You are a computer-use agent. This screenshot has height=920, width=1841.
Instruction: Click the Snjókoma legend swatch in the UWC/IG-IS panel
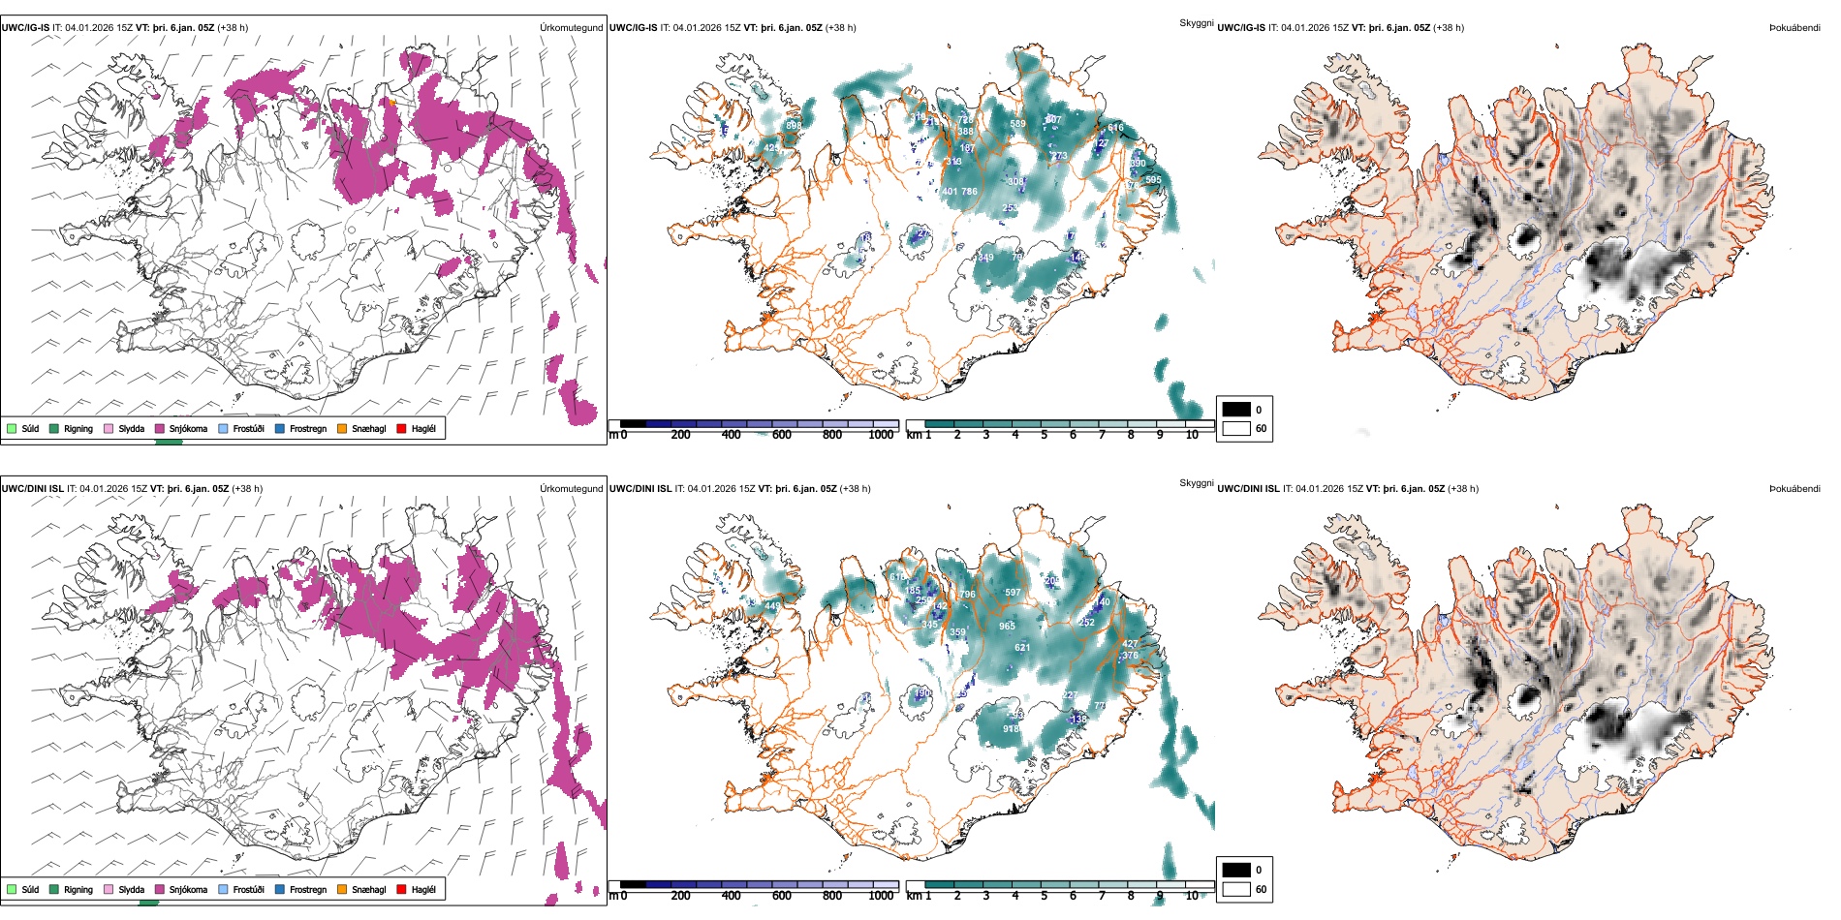pos(160,428)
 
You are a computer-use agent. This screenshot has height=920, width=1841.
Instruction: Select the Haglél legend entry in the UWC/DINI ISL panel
pos(423,889)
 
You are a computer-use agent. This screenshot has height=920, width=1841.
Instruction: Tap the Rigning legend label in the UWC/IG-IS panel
pos(78,428)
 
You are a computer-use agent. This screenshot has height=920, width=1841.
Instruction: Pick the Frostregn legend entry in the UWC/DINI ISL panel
pos(308,889)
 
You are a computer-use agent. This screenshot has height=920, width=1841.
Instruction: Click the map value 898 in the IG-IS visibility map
pos(794,125)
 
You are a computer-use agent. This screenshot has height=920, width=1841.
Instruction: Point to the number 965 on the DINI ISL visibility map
pos(1007,626)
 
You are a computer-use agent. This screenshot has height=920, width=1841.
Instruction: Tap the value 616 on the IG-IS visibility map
pos(1116,127)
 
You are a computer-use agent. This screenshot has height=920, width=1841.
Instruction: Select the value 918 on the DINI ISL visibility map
pos(1011,729)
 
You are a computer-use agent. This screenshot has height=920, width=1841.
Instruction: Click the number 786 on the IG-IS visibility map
pos(969,192)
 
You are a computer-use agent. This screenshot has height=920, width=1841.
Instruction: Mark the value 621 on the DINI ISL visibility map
pos(1022,647)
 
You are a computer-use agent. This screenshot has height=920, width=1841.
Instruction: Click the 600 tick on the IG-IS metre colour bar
pos(781,435)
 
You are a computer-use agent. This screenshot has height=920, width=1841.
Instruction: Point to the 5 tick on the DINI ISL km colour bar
pos(1044,896)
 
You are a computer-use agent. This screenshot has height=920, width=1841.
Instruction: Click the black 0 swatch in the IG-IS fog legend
pos(1236,409)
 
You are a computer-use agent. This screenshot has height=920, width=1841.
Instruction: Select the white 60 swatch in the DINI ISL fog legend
pos(1236,888)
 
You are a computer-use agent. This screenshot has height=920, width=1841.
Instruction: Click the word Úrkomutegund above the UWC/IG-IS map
pos(571,28)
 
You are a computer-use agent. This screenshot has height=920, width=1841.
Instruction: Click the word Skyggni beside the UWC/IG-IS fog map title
pos(1196,23)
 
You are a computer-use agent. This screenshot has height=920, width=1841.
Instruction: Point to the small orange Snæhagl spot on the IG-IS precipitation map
pos(392,102)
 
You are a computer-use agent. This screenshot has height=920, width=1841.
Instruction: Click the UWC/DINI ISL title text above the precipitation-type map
pos(32,489)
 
